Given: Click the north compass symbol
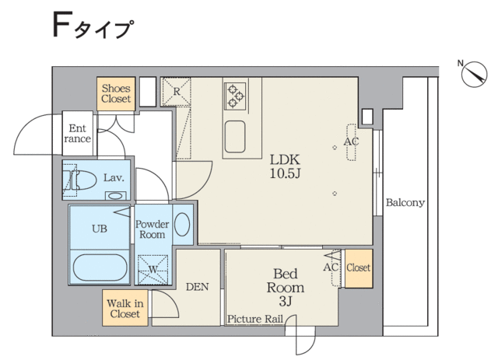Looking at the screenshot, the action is (474, 74).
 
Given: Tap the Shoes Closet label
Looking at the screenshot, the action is (116, 93).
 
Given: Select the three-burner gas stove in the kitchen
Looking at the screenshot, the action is (235, 96).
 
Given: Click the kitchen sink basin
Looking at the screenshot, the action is (235, 137).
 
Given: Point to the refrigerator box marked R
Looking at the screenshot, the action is (177, 92).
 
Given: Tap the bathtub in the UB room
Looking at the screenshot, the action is (100, 267).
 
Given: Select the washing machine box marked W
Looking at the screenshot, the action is (153, 270).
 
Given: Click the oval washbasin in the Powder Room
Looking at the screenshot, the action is (182, 225).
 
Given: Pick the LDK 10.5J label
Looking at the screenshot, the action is (285, 166).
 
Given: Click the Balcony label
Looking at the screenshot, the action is (405, 202).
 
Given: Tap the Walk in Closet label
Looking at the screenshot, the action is (124, 309).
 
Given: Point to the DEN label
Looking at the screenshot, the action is (197, 287).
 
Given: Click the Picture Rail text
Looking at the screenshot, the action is (255, 319).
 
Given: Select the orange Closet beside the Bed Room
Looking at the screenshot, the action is (359, 268).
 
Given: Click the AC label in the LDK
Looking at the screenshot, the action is (351, 142).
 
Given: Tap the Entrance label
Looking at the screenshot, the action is (78, 134).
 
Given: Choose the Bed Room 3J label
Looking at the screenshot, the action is (286, 288).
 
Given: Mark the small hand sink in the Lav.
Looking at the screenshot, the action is (115, 196).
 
